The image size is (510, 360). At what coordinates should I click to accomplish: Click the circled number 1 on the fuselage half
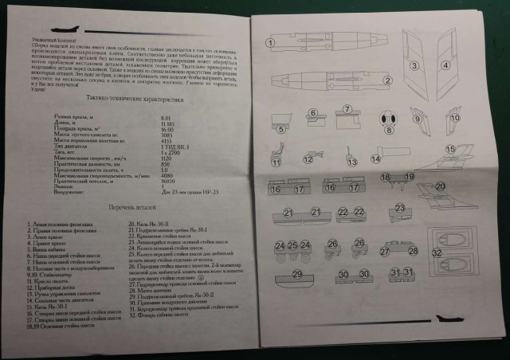point(270,42)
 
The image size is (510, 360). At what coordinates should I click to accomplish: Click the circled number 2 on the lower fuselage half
point(386,79)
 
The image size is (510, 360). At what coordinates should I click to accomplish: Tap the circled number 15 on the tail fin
point(451,148)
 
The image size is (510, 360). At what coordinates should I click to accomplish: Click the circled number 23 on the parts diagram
point(359,213)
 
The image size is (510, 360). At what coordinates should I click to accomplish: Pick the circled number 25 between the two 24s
point(294,245)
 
